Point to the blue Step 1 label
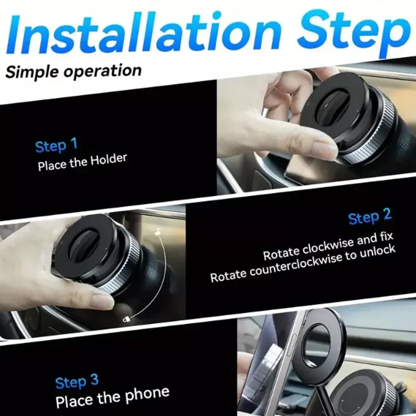point(57,145)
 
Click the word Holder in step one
point(109,161)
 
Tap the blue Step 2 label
point(370,216)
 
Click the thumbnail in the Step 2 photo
point(102,301)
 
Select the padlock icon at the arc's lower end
point(126,319)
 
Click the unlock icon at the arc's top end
point(158,231)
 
